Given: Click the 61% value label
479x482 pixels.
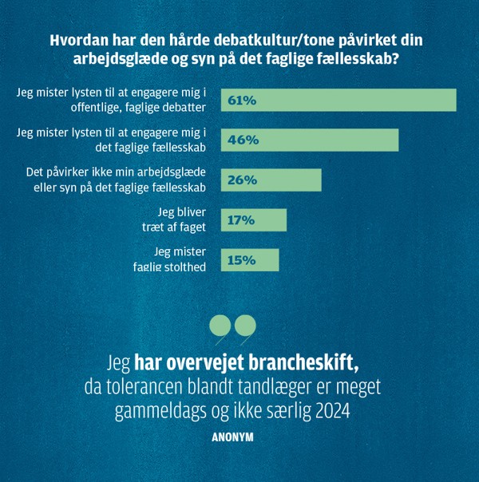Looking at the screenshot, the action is pyautogui.click(x=242, y=101).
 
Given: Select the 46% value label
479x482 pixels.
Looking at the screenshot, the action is pyautogui.click(x=243, y=140).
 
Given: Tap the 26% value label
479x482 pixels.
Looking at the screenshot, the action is pyautogui.click(x=242, y=180).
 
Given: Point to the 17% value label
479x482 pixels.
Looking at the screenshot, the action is pyautogui.click(x=241, y=220).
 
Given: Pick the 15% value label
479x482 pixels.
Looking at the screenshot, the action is pyautogui.click(x=242, y=260).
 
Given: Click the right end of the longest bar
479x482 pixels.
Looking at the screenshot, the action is pyautogui.click(x=457, y=101).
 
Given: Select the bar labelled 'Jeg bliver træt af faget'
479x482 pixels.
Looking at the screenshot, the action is pyautogui.click(x=254, y=220).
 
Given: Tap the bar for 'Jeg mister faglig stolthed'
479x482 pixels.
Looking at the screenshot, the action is pyautogui.click(x=250, y=260).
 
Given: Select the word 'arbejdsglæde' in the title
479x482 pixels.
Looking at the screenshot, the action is pyautogui.click(x=121, y=59).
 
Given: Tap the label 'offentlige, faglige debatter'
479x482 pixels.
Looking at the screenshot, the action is pyautogui.click(x=138, y=108).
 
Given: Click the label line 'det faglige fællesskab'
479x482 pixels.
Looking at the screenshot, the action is pyautogui.click(x=150, y=148).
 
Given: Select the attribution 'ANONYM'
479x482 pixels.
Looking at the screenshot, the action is pyautogui.click(x=233, y=437).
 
